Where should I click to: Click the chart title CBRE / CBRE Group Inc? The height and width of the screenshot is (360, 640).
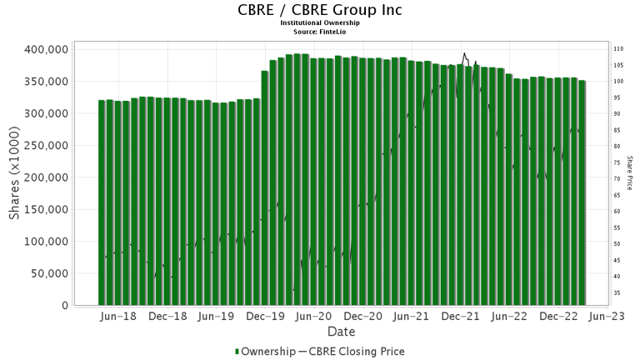point(319,11)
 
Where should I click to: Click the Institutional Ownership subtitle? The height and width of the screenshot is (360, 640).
point(319,23)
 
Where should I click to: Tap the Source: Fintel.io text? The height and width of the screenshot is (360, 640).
point(319,31)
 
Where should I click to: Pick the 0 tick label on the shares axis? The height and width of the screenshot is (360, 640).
point(63,306)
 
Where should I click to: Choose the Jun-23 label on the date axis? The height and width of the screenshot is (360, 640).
point(607,317)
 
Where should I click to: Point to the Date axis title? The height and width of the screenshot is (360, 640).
point(319,332)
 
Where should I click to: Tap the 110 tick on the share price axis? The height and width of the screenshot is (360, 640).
point(619,48)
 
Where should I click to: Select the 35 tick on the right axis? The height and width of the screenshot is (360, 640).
point(617,292)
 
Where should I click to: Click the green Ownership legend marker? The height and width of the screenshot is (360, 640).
point(237,351)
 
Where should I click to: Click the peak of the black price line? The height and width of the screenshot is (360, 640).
point(464,53)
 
